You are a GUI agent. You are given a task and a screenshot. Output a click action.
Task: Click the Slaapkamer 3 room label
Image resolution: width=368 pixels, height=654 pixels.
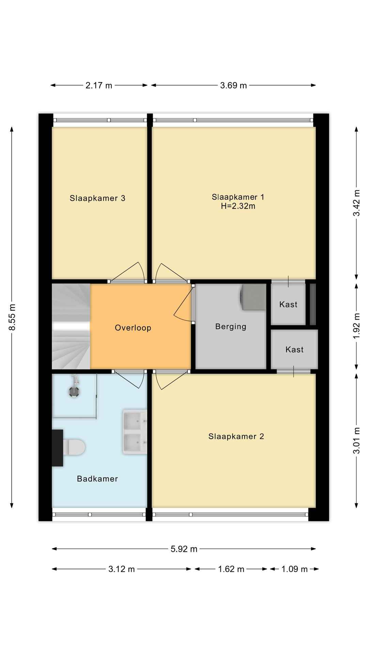click(x=97, y=198)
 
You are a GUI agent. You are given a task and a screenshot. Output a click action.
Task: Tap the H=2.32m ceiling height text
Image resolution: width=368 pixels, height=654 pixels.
click(x=238, y=206)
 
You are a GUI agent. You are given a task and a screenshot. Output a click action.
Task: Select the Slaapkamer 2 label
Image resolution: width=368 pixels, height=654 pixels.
click(x=236, y=436)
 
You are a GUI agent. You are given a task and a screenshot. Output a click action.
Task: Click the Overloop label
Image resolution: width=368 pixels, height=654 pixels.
click(x=133, y=328)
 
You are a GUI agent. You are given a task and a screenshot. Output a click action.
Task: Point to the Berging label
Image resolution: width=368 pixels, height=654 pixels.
click(x=231, y=327)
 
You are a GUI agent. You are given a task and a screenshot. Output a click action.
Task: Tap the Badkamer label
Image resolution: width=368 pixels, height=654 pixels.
click(x=97, y=479)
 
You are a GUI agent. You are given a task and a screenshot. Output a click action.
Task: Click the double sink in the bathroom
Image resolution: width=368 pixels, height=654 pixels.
click(x=135, y=432)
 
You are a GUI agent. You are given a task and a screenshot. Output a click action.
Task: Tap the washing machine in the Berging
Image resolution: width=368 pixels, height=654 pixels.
click(x=254, y=297)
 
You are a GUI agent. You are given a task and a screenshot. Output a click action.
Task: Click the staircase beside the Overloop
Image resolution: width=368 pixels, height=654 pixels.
click(x=71, y=326)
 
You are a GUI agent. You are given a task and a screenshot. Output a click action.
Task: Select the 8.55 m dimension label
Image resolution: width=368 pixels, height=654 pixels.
click(x=12, y=317)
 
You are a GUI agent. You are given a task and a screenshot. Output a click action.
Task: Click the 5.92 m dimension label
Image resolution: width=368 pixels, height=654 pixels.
click(x=184, y=549)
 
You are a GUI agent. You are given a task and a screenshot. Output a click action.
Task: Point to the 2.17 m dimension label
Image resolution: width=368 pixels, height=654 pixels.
click(x=99, y=85)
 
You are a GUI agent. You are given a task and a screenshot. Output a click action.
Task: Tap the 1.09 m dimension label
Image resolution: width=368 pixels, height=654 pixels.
click(x=294, y=569)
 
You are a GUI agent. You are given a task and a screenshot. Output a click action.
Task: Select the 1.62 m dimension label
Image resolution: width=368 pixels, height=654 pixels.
click(x=231, y=569)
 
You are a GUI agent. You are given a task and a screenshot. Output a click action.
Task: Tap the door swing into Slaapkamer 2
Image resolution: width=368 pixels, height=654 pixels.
click(x=172, y=380)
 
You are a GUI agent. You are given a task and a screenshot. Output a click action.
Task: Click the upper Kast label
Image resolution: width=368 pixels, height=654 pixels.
click(x=288, y=305)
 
